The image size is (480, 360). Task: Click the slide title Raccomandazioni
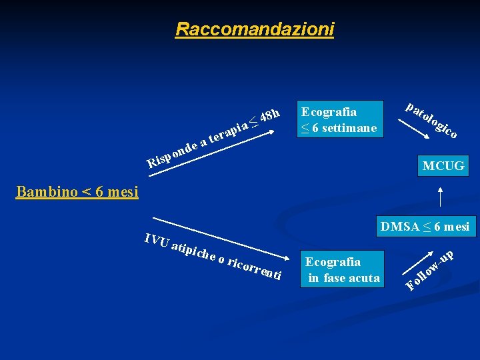pyautogui.click(x=255, y=29)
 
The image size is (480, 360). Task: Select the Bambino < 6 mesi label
pyautogui.click(x=77, y=193)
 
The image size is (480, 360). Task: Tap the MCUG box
pyautogui.click(x=443, y=165)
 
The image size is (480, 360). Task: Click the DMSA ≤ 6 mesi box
pyautogui.click(x=425, y=227)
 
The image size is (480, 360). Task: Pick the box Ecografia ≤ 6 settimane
pyautogui.click(x=340, y=119)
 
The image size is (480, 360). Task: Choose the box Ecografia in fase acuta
pyautogui.click(x=342, y=270)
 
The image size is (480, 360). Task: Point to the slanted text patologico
pyautogui.click(x=431, y=120)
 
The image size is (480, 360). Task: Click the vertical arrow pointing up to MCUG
pyautogui.click(x=440, y=198)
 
